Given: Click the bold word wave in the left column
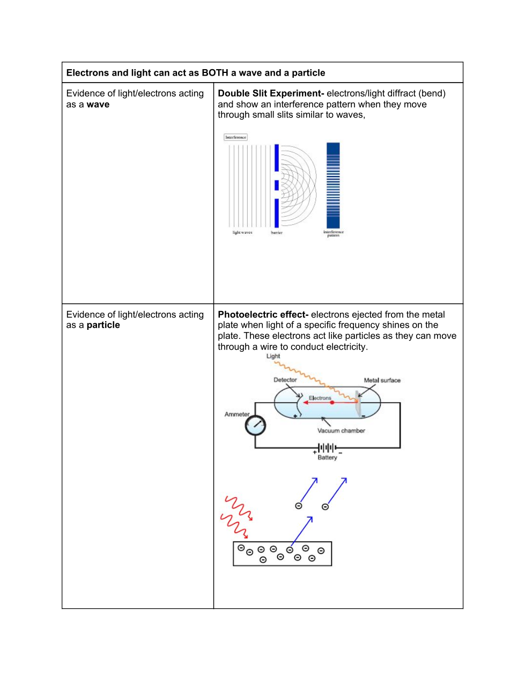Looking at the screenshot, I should click(98, 105).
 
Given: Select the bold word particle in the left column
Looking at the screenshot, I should click(103, 325).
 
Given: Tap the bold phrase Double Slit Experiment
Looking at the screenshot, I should click(269, 93).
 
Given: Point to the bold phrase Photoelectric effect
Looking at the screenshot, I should click(262, 315).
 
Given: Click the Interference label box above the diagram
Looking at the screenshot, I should click(235, 137).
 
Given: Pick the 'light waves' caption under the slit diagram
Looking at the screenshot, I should click(242, 233).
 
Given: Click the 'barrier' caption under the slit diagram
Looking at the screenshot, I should click(277, 233).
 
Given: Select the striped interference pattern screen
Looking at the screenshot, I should click(333, 186).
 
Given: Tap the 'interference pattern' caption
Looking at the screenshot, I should click(334, 234).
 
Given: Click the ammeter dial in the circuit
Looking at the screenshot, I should click(255, 425).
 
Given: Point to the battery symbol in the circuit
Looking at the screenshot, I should click(327, 447).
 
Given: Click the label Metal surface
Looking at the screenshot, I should click(382, 380).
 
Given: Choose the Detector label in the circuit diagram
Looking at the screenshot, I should click(285, 380).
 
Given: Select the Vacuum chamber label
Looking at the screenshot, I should click(341, 430).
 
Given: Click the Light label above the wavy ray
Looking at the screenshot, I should click(273, 356).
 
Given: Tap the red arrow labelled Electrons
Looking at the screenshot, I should click(330, 402).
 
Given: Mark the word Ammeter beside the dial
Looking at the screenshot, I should click(236, 414).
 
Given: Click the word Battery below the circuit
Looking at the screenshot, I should click(327, 457).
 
